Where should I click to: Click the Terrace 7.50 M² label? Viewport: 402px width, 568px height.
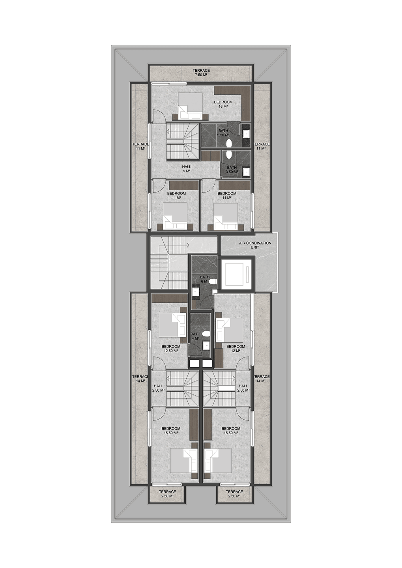201,73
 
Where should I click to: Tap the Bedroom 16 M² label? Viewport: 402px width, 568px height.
223,104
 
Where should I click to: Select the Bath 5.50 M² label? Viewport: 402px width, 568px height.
223,133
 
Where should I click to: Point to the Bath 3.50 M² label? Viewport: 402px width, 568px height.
232,169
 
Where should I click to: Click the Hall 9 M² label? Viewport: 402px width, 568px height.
187,169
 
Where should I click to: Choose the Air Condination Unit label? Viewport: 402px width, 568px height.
255,245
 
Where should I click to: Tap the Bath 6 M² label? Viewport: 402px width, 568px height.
204,279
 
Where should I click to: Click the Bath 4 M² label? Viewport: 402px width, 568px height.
195,336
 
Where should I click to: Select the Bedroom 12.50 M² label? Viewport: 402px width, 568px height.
171,349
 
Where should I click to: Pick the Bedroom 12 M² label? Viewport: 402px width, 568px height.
236,349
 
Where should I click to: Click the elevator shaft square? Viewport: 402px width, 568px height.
236,274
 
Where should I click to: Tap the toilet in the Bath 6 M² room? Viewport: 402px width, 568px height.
213,281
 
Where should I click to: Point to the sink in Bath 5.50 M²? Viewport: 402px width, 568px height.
245,134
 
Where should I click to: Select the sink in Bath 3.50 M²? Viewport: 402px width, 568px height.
245,172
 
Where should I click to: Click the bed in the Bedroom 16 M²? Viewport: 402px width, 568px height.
190,106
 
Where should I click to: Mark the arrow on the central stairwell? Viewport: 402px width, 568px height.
188,245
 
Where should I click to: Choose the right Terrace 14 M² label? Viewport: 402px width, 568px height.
262,379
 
